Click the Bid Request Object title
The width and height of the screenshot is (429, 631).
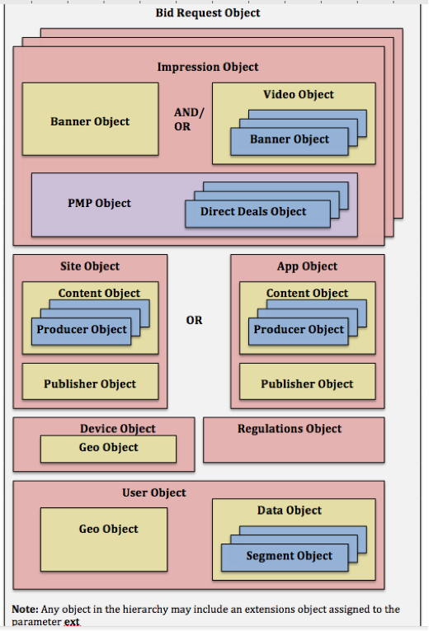208,13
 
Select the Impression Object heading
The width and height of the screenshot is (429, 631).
208,67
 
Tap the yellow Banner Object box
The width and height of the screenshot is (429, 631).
90,121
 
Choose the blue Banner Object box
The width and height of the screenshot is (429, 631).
289,139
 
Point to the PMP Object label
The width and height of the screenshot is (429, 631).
99,203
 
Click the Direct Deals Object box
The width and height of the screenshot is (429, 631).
253,212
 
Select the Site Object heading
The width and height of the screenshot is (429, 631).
90,266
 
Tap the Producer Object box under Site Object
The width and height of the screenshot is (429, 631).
82,330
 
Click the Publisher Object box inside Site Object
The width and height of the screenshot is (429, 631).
90,384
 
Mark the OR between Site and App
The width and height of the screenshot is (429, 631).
194,320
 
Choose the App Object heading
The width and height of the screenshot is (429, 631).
307,266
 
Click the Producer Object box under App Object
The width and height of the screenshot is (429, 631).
299,330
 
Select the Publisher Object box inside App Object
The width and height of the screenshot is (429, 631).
307,384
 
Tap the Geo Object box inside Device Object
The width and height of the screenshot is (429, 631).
108,448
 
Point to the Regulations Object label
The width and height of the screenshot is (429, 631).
290,429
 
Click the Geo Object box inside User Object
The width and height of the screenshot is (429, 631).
108,529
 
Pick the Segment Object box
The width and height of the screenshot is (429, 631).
289,556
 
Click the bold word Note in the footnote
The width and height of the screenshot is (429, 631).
26,610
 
